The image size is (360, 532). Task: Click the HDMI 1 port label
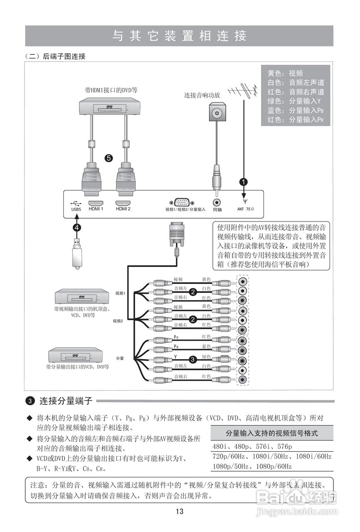pos(96,209)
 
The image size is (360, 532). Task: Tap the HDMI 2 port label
pos(123,209)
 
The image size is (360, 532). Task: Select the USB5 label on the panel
pos(76,209)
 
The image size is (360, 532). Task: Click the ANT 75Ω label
pos(245,209)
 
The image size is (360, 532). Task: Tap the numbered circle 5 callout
pos(108,158)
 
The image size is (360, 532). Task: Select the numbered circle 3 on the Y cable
pos(192,360)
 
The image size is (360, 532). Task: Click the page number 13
pos(180,512)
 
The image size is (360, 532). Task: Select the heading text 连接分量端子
pos(66,401)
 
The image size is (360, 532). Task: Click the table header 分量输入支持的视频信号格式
pos(271,433)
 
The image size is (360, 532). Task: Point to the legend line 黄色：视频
pos(285,74)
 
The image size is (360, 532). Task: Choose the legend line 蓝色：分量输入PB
pos(295,111)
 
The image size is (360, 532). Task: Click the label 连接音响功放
pos(202,95)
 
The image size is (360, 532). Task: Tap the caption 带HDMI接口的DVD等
pos(111,89)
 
